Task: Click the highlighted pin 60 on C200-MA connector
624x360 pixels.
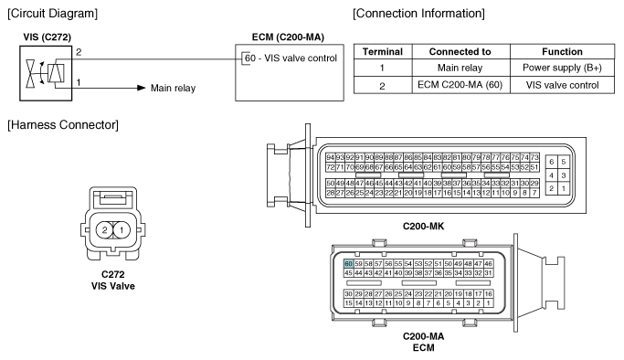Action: [349, 264]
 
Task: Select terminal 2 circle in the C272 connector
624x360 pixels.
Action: [105, 230]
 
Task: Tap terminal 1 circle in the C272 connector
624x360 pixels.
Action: [122, 230]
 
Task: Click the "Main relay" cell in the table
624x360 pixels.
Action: [460, 68]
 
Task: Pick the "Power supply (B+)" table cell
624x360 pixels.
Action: [562, 68]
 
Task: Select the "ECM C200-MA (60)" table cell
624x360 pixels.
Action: [460, 85]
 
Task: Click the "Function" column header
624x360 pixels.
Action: [562, 52]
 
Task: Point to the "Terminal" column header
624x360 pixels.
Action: [383, 52]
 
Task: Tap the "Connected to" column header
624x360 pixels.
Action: [460, 52]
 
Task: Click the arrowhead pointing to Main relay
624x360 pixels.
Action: [142, 88]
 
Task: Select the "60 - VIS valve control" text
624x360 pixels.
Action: [291, 58]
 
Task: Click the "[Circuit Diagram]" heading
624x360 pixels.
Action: [52, 14]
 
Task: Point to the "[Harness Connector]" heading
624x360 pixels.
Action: [63, 125]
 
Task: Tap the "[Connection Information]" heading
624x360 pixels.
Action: [418, 14]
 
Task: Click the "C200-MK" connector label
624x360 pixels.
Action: [423, 227]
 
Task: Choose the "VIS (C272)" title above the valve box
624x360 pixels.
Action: [47, 37]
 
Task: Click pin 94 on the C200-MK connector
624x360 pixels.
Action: [331, 157]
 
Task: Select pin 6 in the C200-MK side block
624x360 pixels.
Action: [552, 162]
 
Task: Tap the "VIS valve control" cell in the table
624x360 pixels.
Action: [562, 85]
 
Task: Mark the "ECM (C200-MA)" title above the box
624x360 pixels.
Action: [288, 37]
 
